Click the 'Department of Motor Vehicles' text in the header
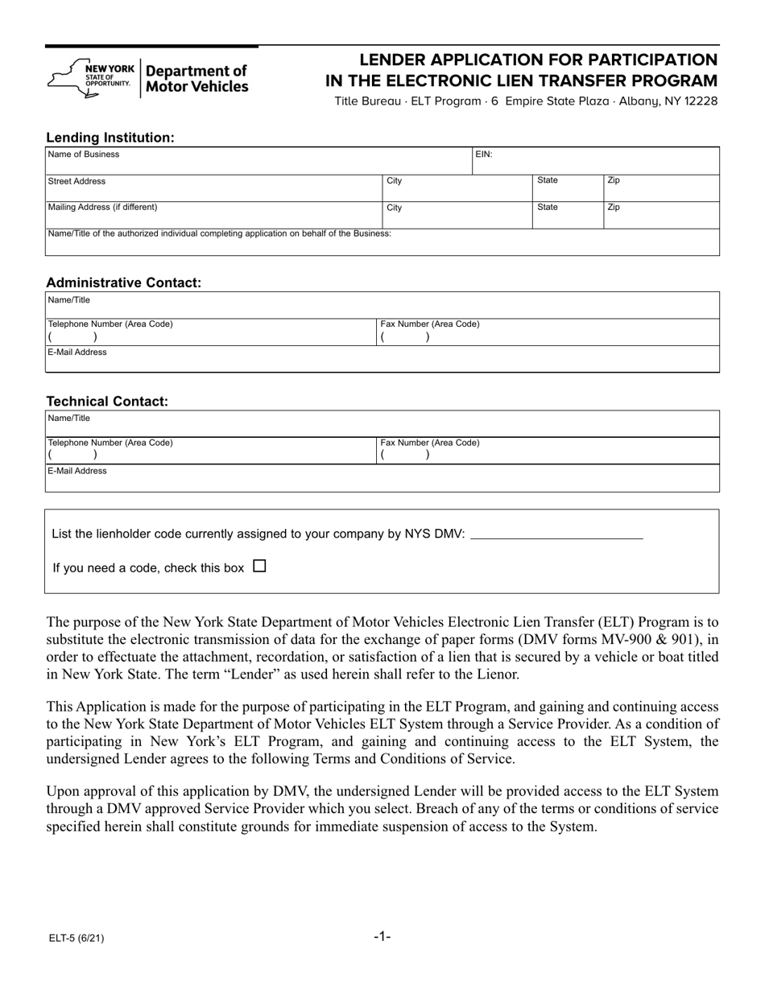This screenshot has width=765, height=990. pyautogui.click(x=197, y=79)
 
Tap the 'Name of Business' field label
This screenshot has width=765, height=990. pyautogui.click(x=84, y=155)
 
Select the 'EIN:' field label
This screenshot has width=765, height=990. pyautogui.click(x=484, y=155)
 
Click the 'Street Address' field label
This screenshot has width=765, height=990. pyautogui.click(x=77, y=181)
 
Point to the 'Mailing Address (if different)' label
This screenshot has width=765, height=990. pyautogui.click(x=103, y=207)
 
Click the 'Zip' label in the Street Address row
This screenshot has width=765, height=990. pyautogui.click(x=614, y=181)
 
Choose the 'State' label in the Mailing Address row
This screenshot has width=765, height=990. pyautogui.click(x=548, y=207)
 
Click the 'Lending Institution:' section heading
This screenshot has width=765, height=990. pyautogui.click(x=110, y=138)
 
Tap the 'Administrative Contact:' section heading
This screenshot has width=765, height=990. pyautogui.click(x=124, y=283)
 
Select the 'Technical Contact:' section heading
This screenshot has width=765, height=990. pyautogui.click(x=107, y=402)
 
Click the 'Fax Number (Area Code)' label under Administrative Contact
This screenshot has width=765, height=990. pyautogui.click(x=430, y=324)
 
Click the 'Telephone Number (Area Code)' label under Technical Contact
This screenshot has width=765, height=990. pyautogui.click(x=110, y=443)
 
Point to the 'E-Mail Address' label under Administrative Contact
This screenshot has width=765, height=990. pyautogui.click(x=77, y=352)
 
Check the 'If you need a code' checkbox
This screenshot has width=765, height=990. pyautogui.click(x=259, y=567)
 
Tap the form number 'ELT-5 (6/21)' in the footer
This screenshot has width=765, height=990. pyautogui.click(x=74, y=938)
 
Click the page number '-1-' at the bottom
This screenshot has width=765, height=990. pyautogui.click(x=382, y=936)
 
